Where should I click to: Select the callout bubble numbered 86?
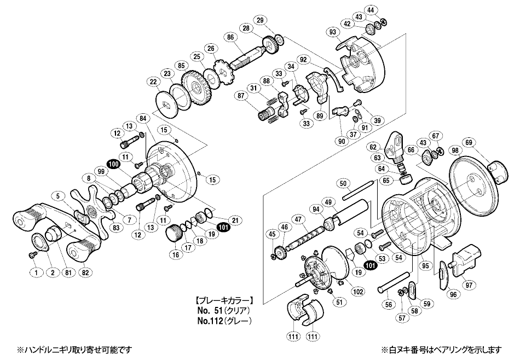230,37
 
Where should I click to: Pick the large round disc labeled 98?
472,181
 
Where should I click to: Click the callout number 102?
358,292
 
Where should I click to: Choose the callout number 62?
373,147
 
